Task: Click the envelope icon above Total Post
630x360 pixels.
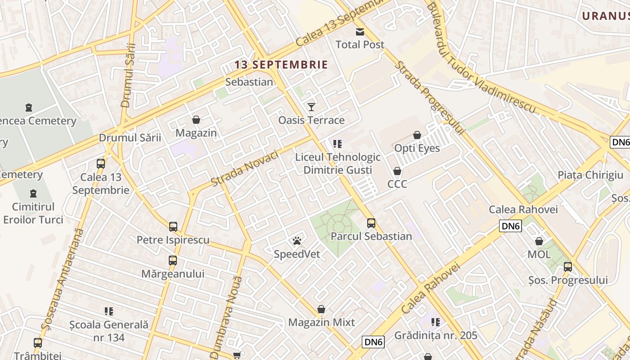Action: [360, 31]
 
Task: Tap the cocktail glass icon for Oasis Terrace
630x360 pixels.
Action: [311, 107]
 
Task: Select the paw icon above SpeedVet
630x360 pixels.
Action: [297, 241]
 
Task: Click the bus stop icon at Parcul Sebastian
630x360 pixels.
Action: [371, 223]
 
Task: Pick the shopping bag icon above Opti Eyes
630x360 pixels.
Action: [417, 135]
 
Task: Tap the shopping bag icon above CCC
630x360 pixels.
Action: [397, 171]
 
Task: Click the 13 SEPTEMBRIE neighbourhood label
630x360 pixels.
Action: [281, 65]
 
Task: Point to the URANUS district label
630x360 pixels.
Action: [606, 16]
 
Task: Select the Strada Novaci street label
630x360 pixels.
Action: [245, 168]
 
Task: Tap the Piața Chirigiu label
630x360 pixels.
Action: [590, 175]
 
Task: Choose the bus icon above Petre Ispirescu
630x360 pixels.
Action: [173, 226]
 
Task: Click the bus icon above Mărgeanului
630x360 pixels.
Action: [173, 260]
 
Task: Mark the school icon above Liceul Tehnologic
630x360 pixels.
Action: [337, 144]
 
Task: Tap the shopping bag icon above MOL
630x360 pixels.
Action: [539, 241]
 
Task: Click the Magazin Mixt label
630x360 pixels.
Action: [321, 322]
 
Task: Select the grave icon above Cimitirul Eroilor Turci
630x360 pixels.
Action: [33, 193]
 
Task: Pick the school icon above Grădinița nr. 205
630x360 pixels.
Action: [436, 322]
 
